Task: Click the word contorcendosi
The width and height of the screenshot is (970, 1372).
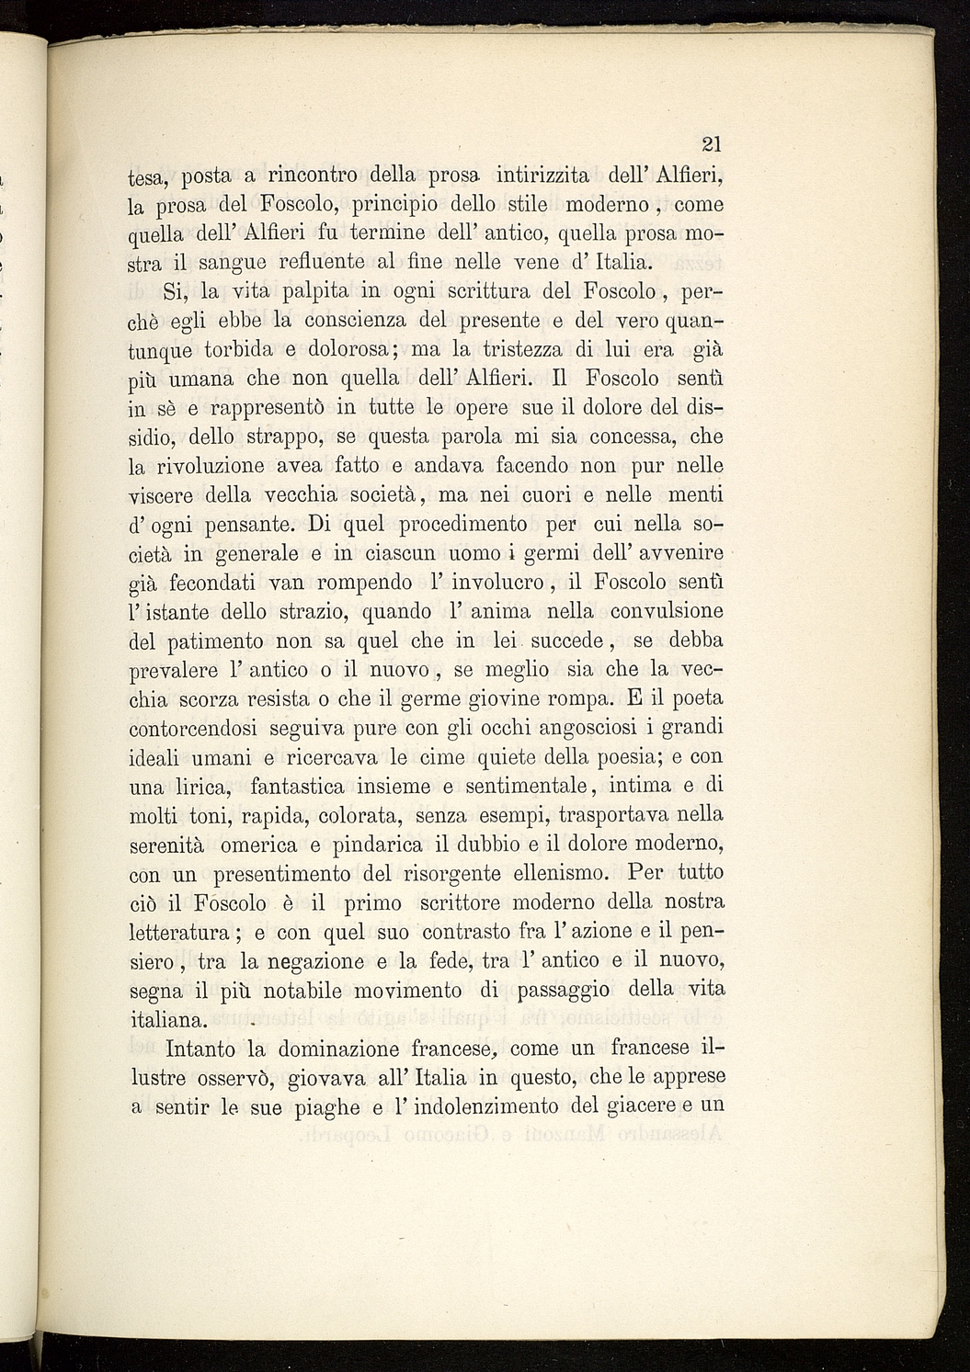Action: coord(195,727)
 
